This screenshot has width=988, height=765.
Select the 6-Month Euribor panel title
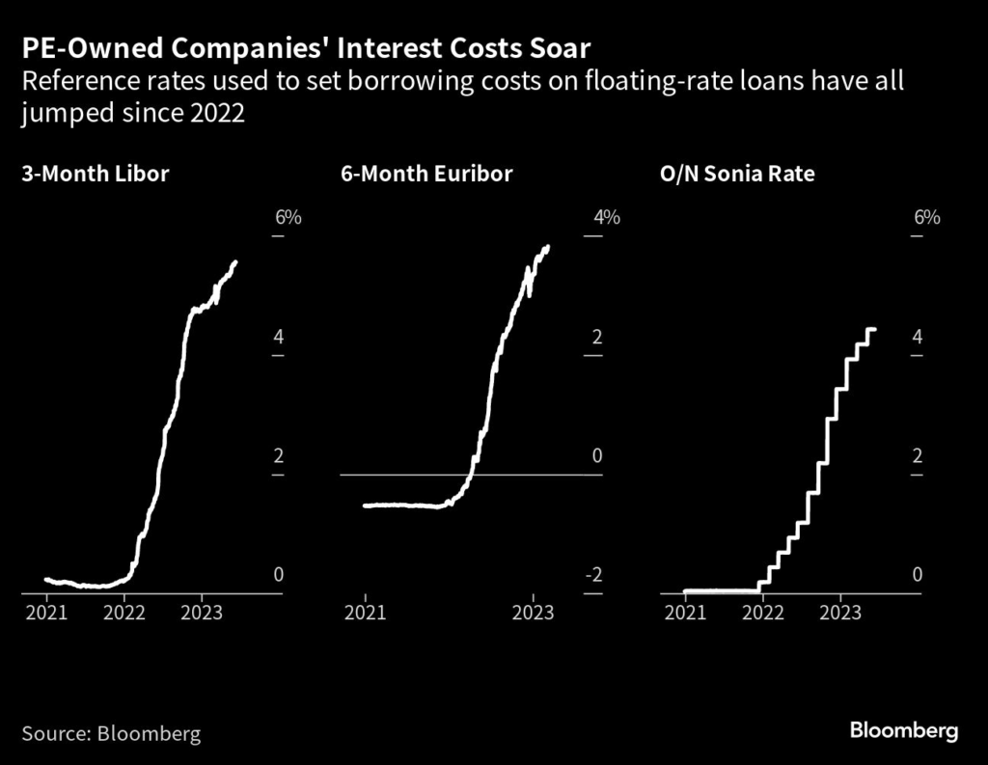(425, 175)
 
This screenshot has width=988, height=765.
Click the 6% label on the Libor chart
(288, 217)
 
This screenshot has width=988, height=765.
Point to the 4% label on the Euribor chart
(606, 217)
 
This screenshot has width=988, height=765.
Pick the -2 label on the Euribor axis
(594, 575)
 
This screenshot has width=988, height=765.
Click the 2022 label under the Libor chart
(124, 612)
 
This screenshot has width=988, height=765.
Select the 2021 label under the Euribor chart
(365, 612)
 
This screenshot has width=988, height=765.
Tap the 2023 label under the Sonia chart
(839, 612)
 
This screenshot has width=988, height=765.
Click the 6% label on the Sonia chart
(925, 217)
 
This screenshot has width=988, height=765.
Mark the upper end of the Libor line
(235, 262)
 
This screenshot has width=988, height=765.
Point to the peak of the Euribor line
(547, 248)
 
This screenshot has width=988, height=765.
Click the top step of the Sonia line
(871, 330)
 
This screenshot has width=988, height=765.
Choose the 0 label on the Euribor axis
(596, 455)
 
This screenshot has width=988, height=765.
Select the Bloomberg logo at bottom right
(904, 730)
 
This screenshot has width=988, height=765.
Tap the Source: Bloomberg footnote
(111, 733)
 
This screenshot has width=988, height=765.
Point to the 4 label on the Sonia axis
(917, 337)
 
